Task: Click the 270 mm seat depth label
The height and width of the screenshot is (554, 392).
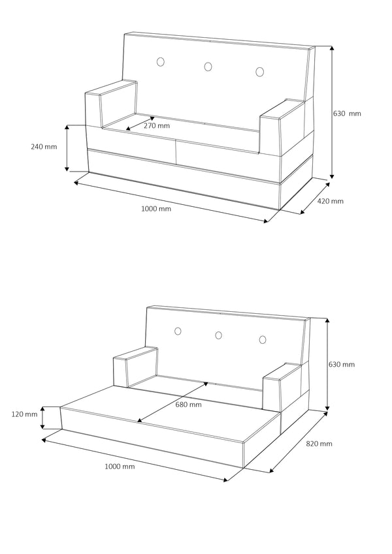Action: pyautogui.click(x=157, y=125)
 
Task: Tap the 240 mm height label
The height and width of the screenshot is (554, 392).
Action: pyautogui.click(x=44, y=147)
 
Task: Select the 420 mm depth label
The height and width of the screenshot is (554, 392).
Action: pyautogui.click(x=330, y=201)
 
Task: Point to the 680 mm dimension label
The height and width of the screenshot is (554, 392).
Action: pyautogui.click(x=189, y=405)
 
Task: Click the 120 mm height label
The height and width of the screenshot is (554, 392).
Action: pyautogui.click(x=24, y=414)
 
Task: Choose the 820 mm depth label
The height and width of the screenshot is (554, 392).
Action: pyautogui.click(x=319, y=444)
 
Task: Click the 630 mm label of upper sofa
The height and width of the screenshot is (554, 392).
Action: pyautogui.click(x=347, y=113)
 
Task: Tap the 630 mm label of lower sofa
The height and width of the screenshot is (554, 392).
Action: pyautogui.click(x=342, y=364)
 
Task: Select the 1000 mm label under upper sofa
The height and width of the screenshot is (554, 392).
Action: pyautogui.click(x=156, y=209)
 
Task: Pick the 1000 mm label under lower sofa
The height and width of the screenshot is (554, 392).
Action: pyautogui.click(x=120, y=467)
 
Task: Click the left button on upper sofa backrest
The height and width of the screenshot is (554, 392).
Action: pyautogui.click(x=161, y=62)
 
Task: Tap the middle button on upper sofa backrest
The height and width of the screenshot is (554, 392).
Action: pyautogui.click(x=208, y=66)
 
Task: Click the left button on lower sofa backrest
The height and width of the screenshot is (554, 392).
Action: pyautogui.click(x=177, y=331)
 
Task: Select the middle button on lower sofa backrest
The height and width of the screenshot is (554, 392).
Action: pyautogui.click(x=218, y=335)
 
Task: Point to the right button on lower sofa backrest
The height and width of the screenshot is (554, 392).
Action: pyautogui.click(x=263, y=339)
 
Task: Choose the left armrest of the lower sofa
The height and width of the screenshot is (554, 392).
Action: pyautogui.click(x=136, y=367)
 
